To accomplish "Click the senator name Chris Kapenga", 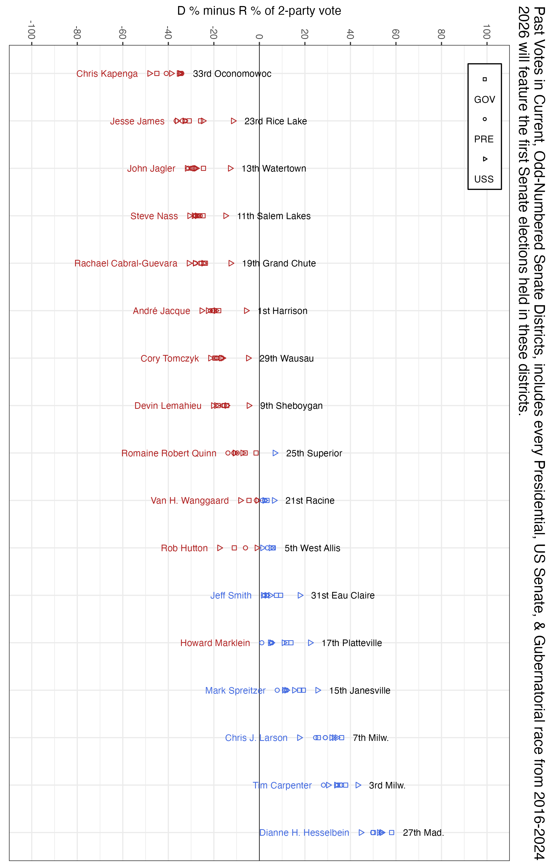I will pos(107,74).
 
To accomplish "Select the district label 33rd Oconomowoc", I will pos(232,74).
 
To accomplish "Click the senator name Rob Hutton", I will pos(184,548).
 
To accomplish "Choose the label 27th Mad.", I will pos(423,833).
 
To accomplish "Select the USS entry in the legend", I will pos(484,179).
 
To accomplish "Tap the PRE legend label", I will pos(484,139).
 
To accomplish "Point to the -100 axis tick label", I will pos(32,30).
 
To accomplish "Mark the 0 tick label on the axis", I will pos(259,36).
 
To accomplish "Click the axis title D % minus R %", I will pos(259,11).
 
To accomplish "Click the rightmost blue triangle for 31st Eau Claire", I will pos(301,596).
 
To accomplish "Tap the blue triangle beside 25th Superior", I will pos(275,453).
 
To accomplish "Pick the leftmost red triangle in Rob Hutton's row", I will pos(220,548).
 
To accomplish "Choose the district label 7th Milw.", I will pos(370,738).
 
